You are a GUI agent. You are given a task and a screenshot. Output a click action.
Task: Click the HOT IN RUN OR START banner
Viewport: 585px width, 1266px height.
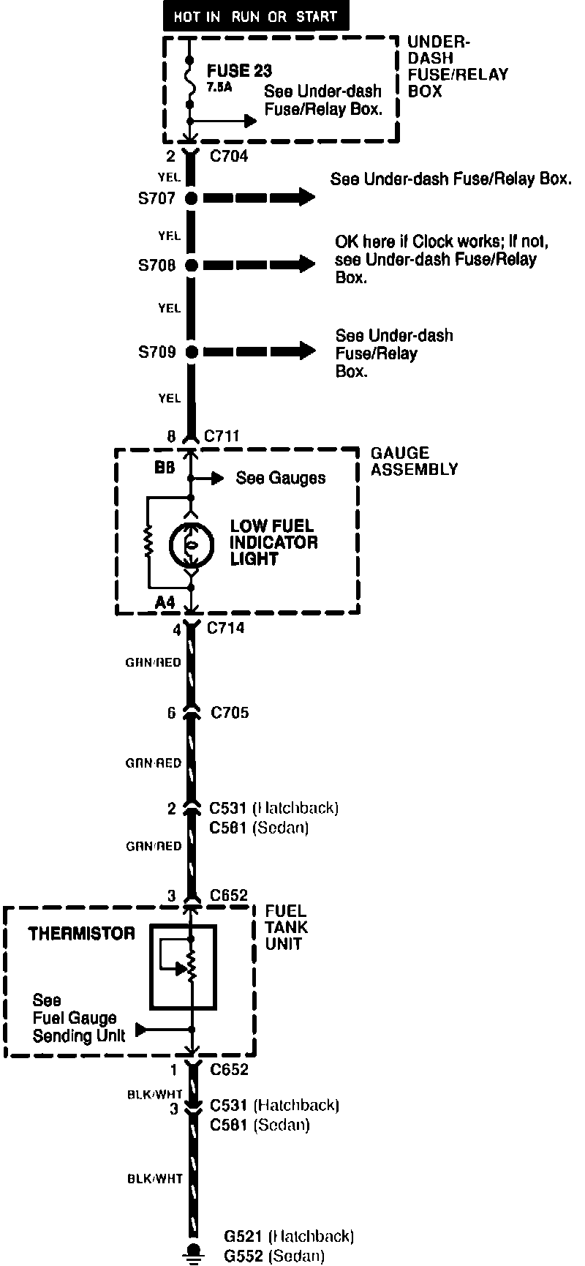[x=255, y=16]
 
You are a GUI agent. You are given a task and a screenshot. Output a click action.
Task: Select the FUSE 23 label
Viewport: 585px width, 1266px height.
[x=239, y=71]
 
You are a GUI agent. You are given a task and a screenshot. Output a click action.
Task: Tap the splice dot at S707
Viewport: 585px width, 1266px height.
[x=192, y=198]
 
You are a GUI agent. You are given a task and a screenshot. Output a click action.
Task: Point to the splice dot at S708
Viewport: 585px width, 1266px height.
[x=192, y=265]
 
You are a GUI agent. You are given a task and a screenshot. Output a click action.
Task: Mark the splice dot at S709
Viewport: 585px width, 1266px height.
[x=192, y=352]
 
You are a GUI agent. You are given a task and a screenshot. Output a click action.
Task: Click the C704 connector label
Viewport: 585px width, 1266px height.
[x=229, y=156]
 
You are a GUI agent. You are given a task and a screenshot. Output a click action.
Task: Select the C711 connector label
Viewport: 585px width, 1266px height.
[x=222, y=437]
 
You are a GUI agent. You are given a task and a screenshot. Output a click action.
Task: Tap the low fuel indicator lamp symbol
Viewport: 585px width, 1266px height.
[x=191, y=544]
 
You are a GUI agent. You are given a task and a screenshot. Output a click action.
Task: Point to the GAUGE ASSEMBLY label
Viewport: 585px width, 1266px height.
[x=414, y=462]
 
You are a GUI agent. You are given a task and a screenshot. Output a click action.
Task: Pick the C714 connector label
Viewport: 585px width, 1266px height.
[x=226, y=628]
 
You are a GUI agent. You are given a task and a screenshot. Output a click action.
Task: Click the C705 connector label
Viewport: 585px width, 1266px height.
[x=230, y=712]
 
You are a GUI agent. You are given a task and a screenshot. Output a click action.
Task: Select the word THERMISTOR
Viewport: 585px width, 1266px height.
[x=81, y=934]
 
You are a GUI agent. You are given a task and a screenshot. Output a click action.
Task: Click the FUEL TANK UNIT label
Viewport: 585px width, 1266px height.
[x=287, y=927]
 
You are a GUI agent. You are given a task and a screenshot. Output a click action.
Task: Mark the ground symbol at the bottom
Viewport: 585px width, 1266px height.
[x=193, y=1252]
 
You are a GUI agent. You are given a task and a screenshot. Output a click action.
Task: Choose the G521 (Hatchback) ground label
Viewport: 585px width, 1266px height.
[x=289, y=1236]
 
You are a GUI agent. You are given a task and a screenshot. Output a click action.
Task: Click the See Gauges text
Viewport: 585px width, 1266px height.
[x=280, y=479]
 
